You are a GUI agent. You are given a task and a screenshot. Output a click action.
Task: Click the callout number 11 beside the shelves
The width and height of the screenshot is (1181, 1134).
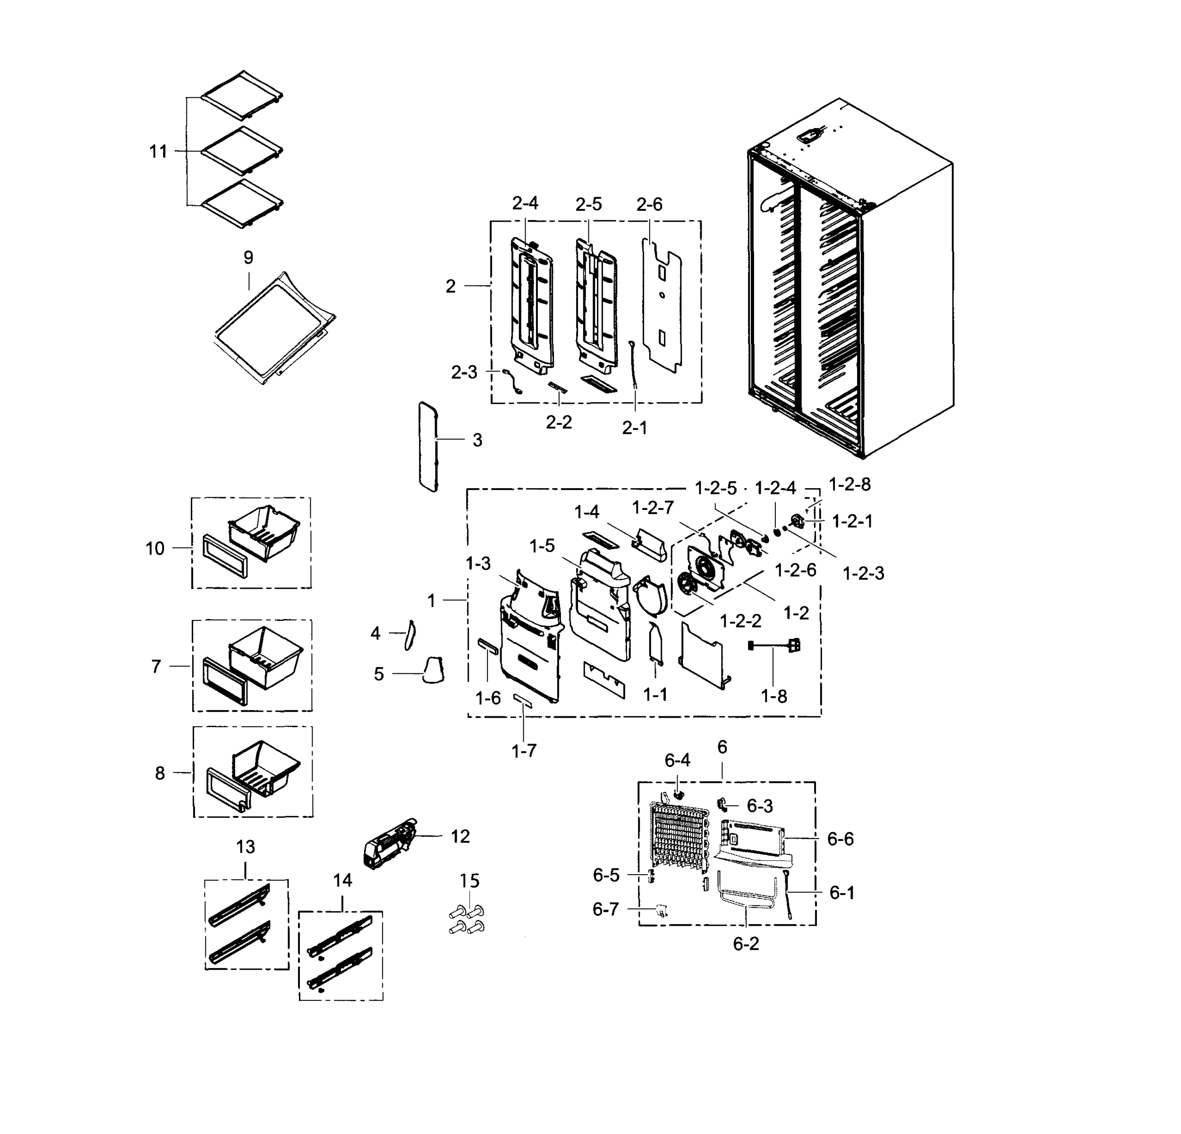(158, 151)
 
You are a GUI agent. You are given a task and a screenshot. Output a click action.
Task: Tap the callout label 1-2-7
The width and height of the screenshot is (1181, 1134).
(653, 507)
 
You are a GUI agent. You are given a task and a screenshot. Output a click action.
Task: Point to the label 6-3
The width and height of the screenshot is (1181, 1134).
(759, 806)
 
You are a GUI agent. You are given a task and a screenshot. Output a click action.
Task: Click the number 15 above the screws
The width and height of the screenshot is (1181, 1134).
(469, 881)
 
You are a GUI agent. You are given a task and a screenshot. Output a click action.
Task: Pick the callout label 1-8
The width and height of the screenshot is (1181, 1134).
(773, 696)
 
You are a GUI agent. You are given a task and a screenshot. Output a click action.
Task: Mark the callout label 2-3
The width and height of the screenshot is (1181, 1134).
(464, 373)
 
